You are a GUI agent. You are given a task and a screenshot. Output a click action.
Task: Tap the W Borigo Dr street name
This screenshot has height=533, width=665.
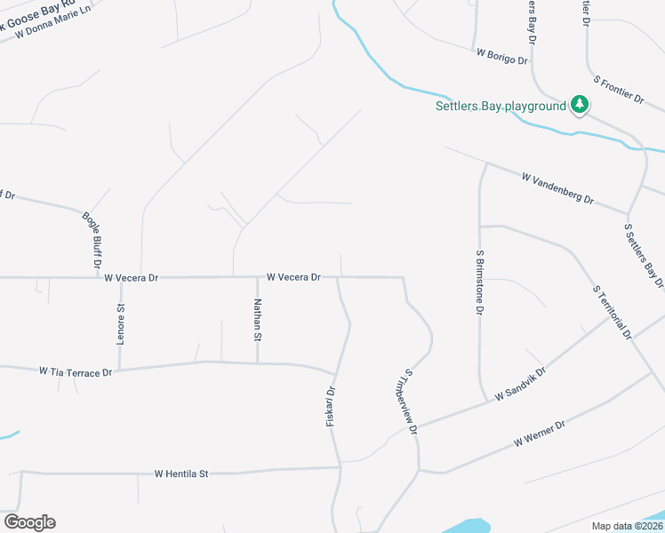point(502,57)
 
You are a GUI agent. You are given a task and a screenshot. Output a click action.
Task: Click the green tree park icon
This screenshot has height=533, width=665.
point(580,105)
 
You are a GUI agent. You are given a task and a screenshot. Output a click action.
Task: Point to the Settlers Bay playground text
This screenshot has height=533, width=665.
point(501,107)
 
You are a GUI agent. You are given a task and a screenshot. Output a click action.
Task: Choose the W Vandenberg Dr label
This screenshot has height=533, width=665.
point(557,189)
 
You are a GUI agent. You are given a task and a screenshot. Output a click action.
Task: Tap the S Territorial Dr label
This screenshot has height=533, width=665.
point(612,312)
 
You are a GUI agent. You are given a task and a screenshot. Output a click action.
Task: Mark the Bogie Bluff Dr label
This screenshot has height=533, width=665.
point(92,240)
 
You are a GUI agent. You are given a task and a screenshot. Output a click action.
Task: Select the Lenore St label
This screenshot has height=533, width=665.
point(121,324)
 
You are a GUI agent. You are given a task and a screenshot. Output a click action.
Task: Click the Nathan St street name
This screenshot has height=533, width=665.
point(257,321)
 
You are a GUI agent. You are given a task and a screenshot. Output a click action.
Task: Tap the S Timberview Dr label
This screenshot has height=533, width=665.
point(411,402)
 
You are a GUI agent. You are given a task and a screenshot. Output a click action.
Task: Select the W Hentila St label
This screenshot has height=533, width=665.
point(180,474)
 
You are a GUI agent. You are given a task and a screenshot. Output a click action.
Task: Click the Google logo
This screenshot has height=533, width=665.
point(29,522)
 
